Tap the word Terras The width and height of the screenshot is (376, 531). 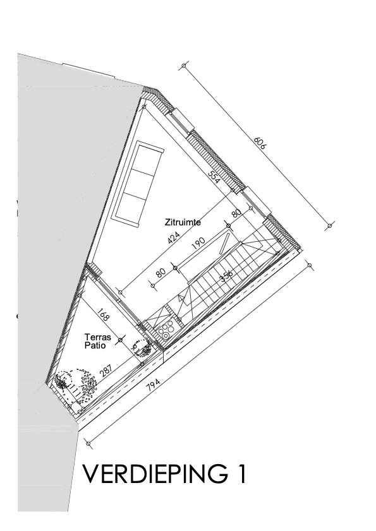pyautogui.click(x=98, y=338)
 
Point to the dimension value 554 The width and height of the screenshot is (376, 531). pyautogui.click(x=215, y=178)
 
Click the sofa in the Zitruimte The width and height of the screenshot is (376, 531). pyautogui.click(x=138, y=183)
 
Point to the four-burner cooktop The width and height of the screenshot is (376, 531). pyautogui.click(x=167, y=329)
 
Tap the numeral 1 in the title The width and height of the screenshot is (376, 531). pyautogui.click(x=239, y=474)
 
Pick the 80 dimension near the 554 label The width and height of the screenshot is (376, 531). pyautogui.click(x=236, y=213)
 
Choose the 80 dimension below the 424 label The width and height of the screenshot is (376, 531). pyautogui.click(x=160, y=272)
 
